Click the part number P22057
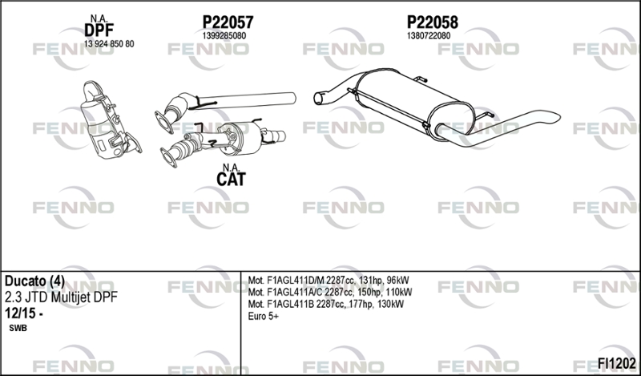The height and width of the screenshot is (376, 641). click(x=228, y=22)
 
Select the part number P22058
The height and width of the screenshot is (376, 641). click(x=432, y=22)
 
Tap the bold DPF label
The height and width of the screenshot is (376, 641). click(x=99, y=30)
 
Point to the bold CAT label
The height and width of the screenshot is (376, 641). click(x=231, y=180)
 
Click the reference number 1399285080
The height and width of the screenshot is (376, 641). click(x=224, y=36)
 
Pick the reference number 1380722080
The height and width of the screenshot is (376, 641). click(x=429, y=36)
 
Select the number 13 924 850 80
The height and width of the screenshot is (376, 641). click(x=109, y=44)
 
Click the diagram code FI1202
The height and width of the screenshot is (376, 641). click(x=617, y=363)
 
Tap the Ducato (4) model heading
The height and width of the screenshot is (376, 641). click(x=34, y=281)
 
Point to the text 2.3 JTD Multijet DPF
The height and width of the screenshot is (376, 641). click(x=61, y=297)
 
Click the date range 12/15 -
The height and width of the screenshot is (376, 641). click(x=24, y=313)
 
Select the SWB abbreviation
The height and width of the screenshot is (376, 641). click(x=18, y=328)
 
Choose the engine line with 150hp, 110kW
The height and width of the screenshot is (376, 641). click(x=330, y=292)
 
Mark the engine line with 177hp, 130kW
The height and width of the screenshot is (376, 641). click(x=326, y=304)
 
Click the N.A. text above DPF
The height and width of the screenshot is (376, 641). click(x=99, y=18)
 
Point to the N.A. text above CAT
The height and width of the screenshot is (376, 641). click(x=231, y=168)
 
